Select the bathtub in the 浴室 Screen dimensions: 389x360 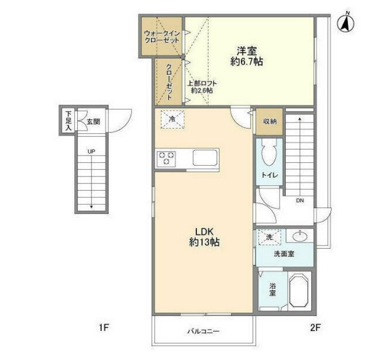(x=299, y=290)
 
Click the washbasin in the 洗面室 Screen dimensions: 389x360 (x=300, y=236)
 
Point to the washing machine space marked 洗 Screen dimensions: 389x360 (x=270, y=237)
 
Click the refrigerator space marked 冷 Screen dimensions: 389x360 (x=172, y=119)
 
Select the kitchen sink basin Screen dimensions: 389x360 (x=205, y=158)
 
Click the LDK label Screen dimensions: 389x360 (x=204, y=232)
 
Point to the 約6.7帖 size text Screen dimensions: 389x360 (x=246, y=62)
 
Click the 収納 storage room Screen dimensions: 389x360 (x=270, y=122)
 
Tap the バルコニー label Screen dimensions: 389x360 (x=203, y=331)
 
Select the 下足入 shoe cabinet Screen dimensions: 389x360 (x=68, y=121)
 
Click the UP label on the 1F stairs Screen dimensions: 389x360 (x=92, y=151)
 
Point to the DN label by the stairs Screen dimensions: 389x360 (x=300, y=201)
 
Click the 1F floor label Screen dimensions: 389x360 (x=103, y=328)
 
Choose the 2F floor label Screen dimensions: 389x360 (x=316, y=328)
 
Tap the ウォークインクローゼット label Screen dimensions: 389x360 (x=162, y=37)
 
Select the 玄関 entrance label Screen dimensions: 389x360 (x=93, y=122)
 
